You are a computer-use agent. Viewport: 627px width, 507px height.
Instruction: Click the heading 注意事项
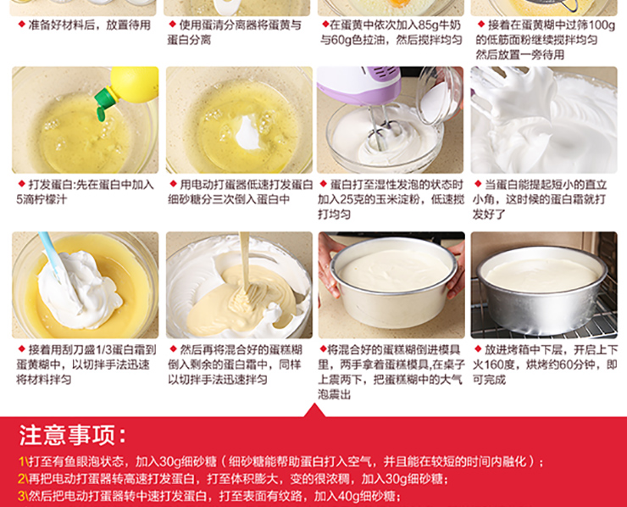73,435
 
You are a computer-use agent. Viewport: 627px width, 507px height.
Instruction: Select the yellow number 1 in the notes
21,462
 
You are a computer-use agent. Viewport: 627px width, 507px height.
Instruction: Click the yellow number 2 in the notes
21,479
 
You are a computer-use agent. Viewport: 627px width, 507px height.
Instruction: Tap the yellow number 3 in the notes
21,496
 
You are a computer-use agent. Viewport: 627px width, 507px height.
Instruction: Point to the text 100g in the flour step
602,25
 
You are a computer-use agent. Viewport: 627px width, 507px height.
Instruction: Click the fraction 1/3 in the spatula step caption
101,350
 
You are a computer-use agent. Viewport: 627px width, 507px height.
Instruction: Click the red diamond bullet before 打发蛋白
21,184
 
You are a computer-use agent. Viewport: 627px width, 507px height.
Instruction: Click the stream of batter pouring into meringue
244,260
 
